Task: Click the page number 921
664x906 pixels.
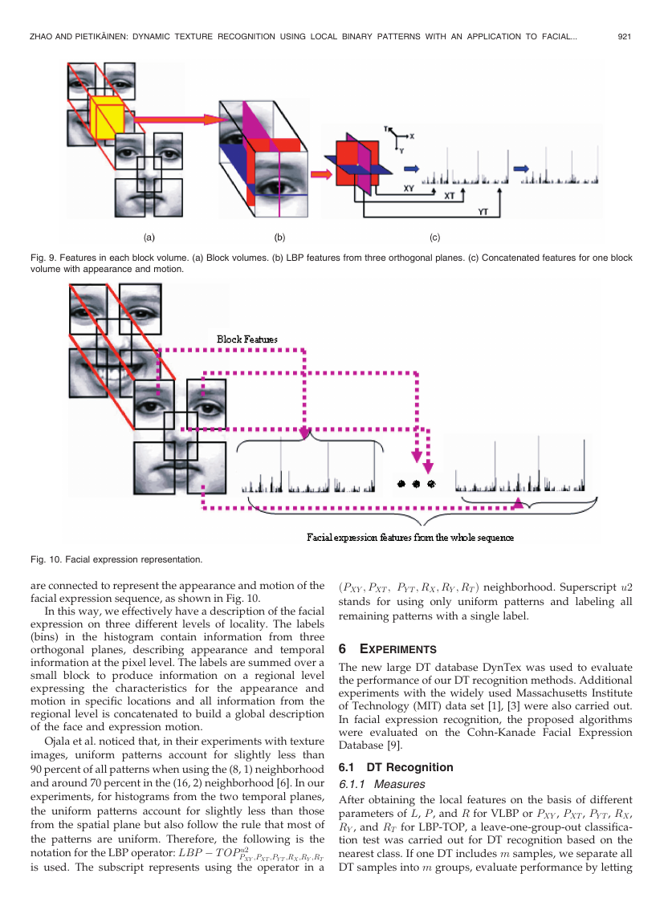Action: click(624, 36)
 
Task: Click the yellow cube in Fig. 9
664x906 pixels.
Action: click(107, 118)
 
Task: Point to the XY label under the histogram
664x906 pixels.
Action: click(409, 189)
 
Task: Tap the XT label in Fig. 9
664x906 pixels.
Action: click(449, 196)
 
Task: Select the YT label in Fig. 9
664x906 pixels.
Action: click(483, 212)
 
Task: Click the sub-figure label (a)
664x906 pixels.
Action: click(149, 238)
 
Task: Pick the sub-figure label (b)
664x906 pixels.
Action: click(279, 238)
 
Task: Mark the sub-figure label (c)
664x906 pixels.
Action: click(434, 238)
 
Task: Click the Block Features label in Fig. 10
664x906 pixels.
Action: click(247, 339)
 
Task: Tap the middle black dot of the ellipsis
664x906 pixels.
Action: click(416, 484)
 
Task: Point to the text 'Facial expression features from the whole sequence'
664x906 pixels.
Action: click(410, 538)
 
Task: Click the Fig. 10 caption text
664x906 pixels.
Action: click(116, 559)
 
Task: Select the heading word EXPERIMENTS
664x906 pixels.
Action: click(398, 649)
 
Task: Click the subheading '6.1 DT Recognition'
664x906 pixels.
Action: click(396, 767)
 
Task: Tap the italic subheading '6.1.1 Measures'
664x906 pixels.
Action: click(382, 784)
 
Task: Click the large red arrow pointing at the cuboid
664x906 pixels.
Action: click(178, 120)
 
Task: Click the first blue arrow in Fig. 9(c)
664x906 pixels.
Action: click(411, 169)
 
